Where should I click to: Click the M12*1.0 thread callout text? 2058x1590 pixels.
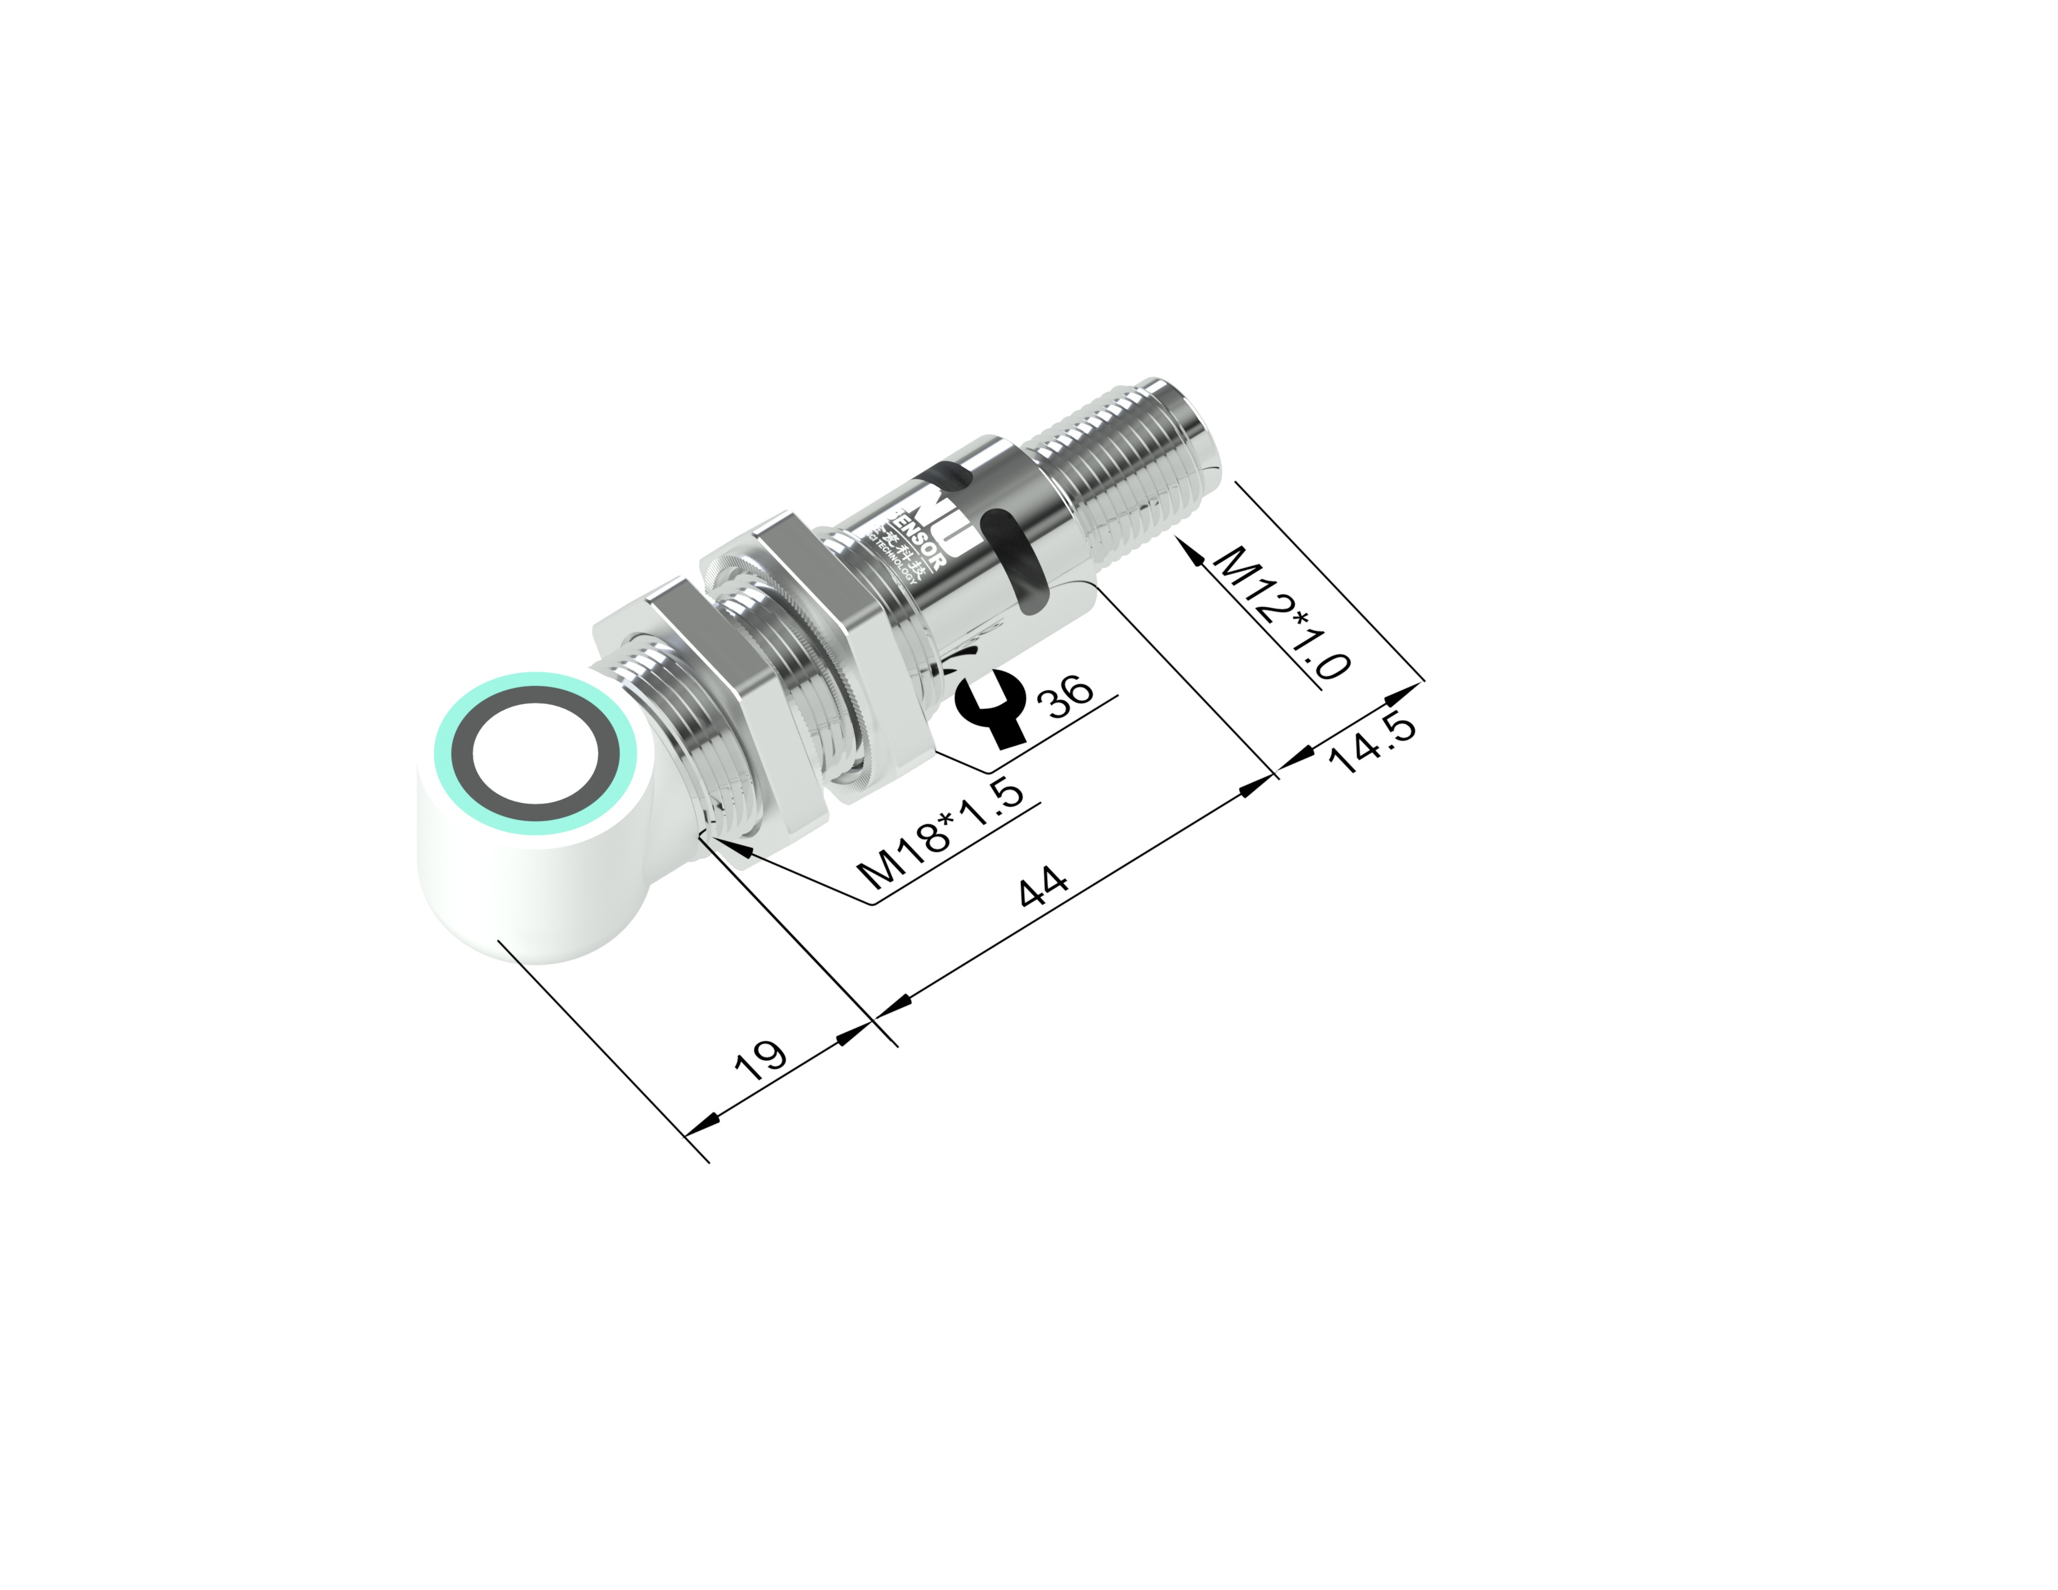(x=1282, y=612)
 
